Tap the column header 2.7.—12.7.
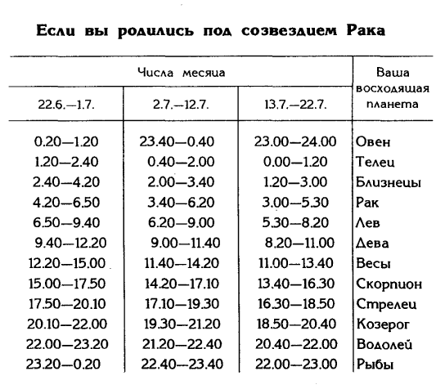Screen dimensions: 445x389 pos(179,105)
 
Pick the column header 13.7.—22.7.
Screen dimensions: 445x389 pos(294,105)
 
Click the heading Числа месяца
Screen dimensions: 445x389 pos(180,72)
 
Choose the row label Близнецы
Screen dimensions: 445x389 pos(389,182)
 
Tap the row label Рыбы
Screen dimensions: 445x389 pos(377,365)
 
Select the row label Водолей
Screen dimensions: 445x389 pos(384,345)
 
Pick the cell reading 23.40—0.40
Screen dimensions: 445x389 pos(178,141)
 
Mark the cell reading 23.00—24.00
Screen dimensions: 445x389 pos(294,141)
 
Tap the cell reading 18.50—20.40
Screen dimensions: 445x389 pos(294,324)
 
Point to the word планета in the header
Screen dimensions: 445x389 pos(393,105)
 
